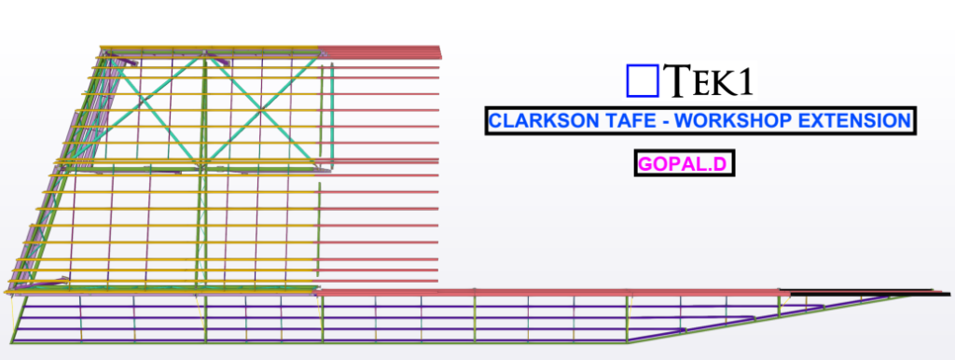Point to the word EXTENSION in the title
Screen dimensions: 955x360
pyautogui.click(x=853, y=121)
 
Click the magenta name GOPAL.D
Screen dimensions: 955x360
pyautogui.click(x=682, y=165)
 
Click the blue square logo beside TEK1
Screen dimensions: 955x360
pyautogui.click(x=642, y=80)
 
